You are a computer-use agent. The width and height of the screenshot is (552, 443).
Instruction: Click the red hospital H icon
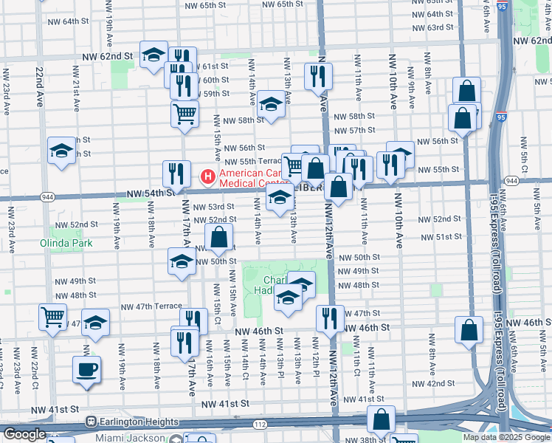tap(208, 177)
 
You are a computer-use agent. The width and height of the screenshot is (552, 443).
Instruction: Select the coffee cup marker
tap(86, 369)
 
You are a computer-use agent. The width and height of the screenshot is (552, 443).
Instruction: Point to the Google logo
tap(24, 434)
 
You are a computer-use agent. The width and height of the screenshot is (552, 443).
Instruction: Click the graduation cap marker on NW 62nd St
tap(153, 57)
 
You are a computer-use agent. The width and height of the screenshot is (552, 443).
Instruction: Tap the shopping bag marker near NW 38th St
tap(381, 419)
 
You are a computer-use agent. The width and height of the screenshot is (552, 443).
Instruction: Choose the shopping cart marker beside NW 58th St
tap(184, 114)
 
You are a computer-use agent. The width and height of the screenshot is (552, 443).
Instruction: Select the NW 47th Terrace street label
tap(151, 306)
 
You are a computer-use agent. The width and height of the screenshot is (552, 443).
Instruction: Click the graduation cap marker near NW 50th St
tap(182, 262)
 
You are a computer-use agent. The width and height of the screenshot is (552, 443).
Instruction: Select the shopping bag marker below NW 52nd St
tap(219, 238)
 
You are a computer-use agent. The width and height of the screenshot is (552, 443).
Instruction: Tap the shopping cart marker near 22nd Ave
tap(52, 317)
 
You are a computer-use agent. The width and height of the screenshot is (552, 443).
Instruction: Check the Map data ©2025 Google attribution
tap(506, 437)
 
